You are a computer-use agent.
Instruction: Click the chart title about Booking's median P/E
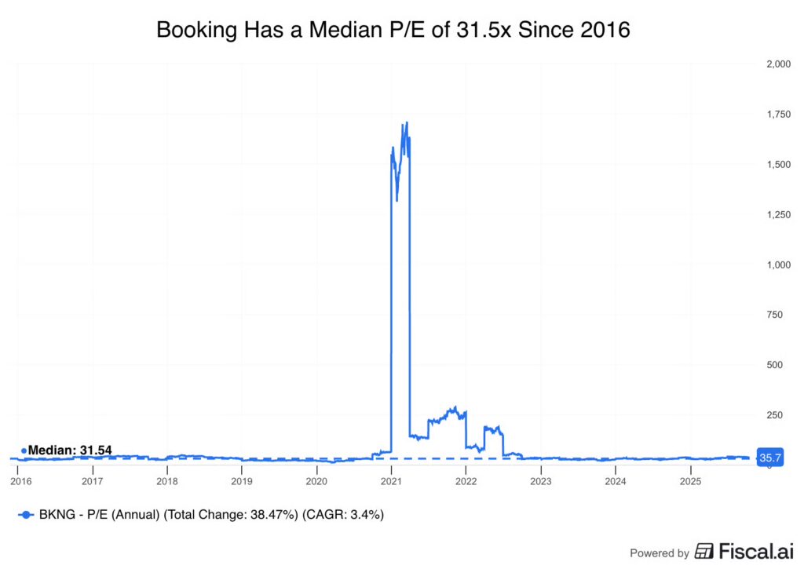click(x=393, y=30)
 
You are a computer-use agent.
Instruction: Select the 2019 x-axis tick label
click(x=242, y=480)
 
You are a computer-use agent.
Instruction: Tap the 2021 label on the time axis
click(x=391, y=480)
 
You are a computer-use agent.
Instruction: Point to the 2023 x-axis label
click(x=540, y=480)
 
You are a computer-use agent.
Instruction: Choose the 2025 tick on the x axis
click(x=689, y=480)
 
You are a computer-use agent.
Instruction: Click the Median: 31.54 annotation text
click(x=70, y=450)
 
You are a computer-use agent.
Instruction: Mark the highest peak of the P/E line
click(x=406, y=123)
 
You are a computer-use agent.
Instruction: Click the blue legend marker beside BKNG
click(x=25, y=515)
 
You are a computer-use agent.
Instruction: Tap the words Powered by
click(x=660, y=553)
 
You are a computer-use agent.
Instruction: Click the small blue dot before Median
click(x=24, y=450)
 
